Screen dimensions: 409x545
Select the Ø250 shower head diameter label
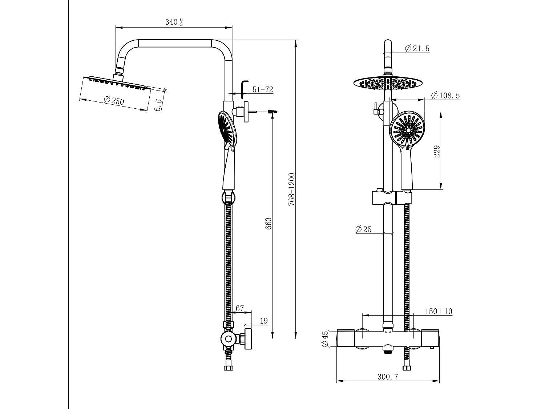pyautogui.click(x=114, y=100)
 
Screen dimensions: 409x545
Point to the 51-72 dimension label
pyautogui.click(x=263, y=90)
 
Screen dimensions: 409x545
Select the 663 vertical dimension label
pyautogui.click(x=269, y=224)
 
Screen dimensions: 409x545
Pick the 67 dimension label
pyautogui.click(x=240, y=309)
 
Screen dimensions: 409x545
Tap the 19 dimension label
pyautogui.click(x=264, y=321)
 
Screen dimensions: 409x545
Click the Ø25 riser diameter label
pyautogui.click(x=363, y=229)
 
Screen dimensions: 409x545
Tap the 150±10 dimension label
pyautogui.click(x=439, y=311)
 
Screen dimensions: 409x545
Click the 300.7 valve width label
pyautogui.click(x=388, y=377)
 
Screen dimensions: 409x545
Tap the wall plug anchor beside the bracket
pyautogui.click(x=273, y=112)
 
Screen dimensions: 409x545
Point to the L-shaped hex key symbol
pyautogui.click(x=244, y=89)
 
